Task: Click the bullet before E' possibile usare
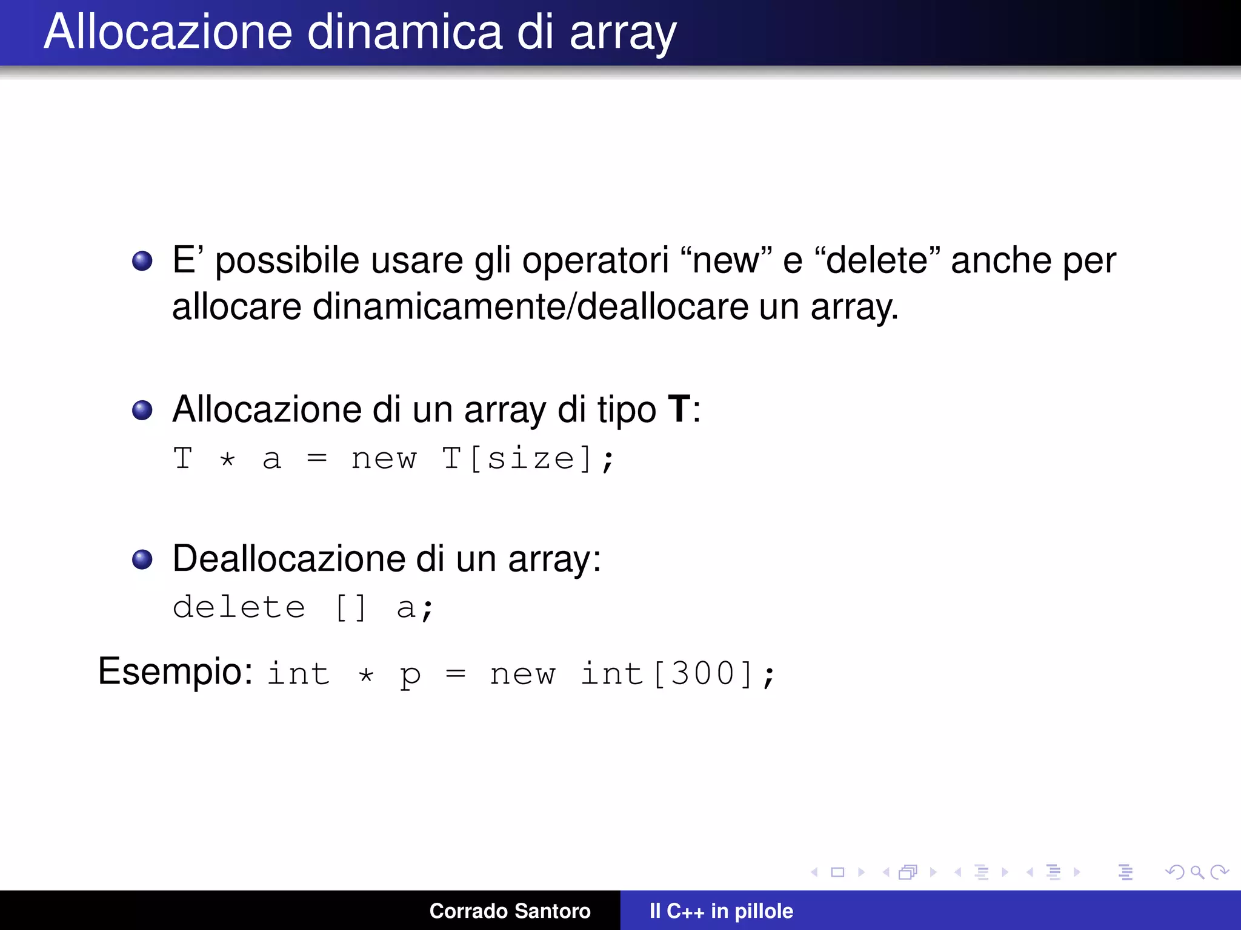[x=142, y=261]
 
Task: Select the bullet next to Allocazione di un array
[x=142, y=410]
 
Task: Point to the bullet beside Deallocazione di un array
[x=142, y=559]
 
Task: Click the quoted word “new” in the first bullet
[x=727, y=261]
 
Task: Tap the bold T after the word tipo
[x=679, y=409]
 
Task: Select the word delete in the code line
[x=239, y=607]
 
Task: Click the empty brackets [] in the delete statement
[x=351, y=607]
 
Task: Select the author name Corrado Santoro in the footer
[x=510, y=911]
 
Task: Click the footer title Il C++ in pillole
[x=721, y=911]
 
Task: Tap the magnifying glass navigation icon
[x=1197, y=872]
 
